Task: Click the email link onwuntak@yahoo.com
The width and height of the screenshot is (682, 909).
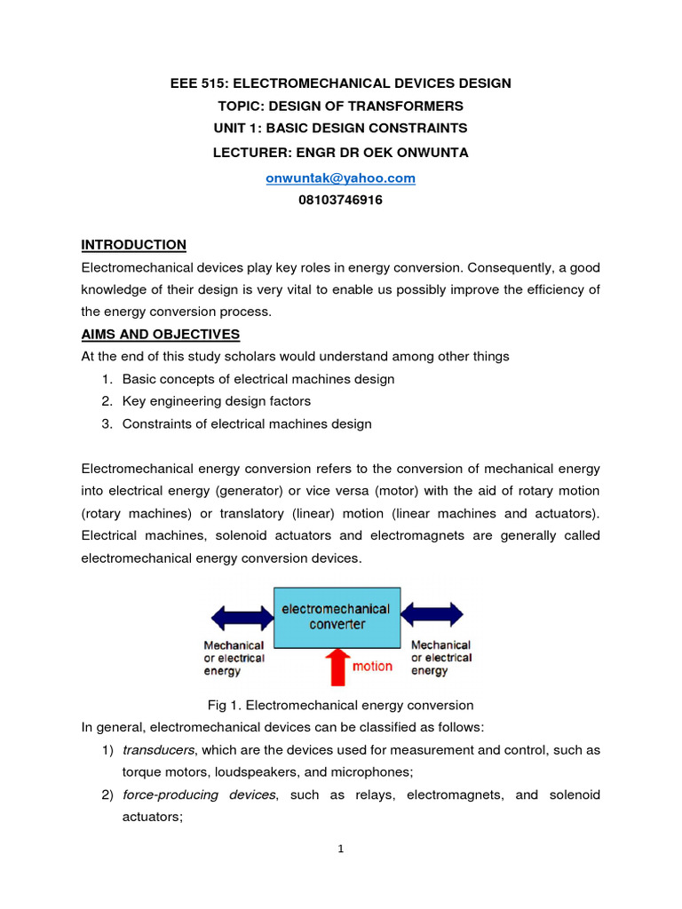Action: pos(341,178)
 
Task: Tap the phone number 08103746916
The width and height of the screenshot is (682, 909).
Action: pos(341,200)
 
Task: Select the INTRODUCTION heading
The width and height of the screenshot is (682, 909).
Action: pos(133,244)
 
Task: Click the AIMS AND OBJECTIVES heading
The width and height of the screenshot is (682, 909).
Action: pos(160,334)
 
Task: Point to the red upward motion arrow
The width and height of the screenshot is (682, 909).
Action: pos(337,667)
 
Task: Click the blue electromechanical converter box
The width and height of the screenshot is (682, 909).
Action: pos(336,616)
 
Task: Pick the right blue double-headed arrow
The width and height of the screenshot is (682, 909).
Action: pos(432,614)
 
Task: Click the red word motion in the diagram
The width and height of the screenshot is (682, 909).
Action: pos(373,667)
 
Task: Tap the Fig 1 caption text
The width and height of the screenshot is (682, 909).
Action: pos(340,705)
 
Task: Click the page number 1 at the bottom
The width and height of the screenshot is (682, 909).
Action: pos(340,849)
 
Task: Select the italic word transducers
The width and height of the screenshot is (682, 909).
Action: pos(155,750)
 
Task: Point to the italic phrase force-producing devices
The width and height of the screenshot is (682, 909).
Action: pos(199,794)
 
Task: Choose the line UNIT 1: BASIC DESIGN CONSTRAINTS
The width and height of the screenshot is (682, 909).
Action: pos(341,129)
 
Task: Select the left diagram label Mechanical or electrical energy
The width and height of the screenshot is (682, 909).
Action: pos(234,658)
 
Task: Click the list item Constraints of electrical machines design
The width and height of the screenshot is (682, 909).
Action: pos(247,423)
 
